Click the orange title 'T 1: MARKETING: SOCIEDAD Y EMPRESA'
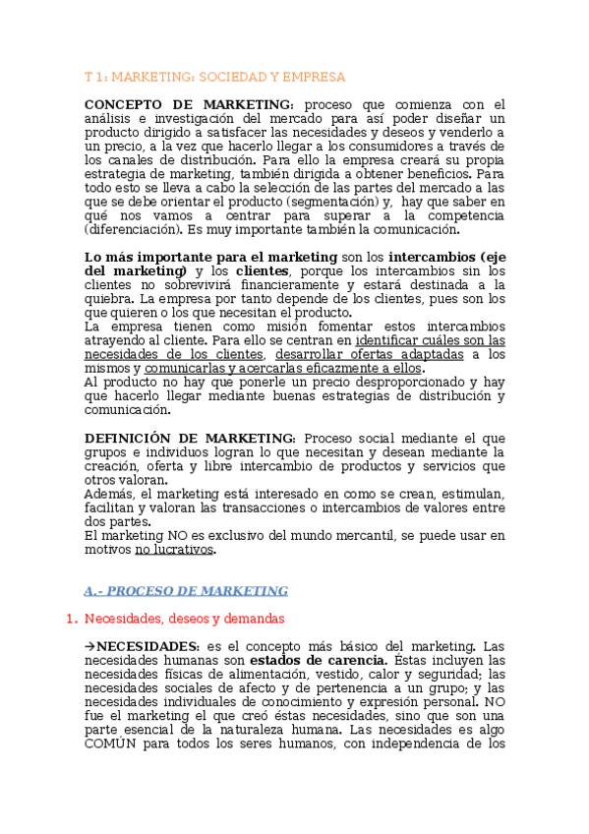[214, 76]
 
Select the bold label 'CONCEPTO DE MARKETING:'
[189, 104]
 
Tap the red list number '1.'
[70, 619]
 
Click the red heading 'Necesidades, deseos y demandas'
[185, 619]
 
